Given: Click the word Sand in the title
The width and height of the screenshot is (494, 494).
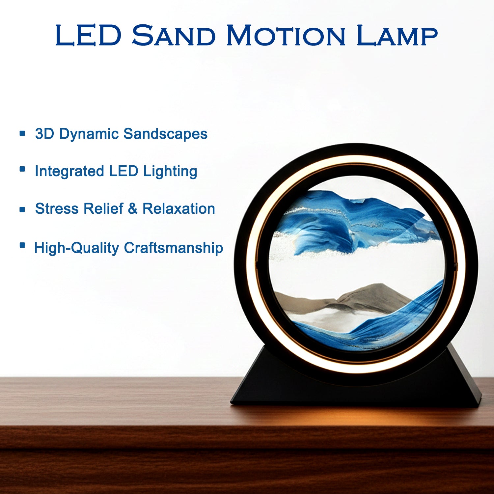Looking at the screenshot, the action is (174, 35).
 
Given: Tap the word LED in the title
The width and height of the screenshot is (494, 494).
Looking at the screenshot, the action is (89, 35).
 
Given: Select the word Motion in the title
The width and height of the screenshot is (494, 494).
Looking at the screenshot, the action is (286, 35).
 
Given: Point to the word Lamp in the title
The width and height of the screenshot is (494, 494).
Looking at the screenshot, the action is (397, 35).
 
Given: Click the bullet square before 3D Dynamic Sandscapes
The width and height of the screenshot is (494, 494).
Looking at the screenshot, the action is (22, 133).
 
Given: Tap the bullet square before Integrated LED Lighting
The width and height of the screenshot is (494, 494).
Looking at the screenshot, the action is (22, 169).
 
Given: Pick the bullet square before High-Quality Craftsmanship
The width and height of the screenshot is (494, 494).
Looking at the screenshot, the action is (22, 245).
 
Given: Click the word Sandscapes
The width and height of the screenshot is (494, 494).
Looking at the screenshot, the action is (165, 134).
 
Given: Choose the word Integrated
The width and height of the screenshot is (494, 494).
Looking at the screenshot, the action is (69, 172).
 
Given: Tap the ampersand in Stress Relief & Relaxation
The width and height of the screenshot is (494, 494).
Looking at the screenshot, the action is (132, 209).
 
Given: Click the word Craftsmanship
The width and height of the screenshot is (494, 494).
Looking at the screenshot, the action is (174, 248).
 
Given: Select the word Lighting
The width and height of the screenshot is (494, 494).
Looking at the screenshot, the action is (170, 172).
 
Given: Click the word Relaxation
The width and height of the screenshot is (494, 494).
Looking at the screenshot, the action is (178, 209).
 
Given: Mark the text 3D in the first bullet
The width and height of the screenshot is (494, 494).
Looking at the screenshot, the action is (45, 134).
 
